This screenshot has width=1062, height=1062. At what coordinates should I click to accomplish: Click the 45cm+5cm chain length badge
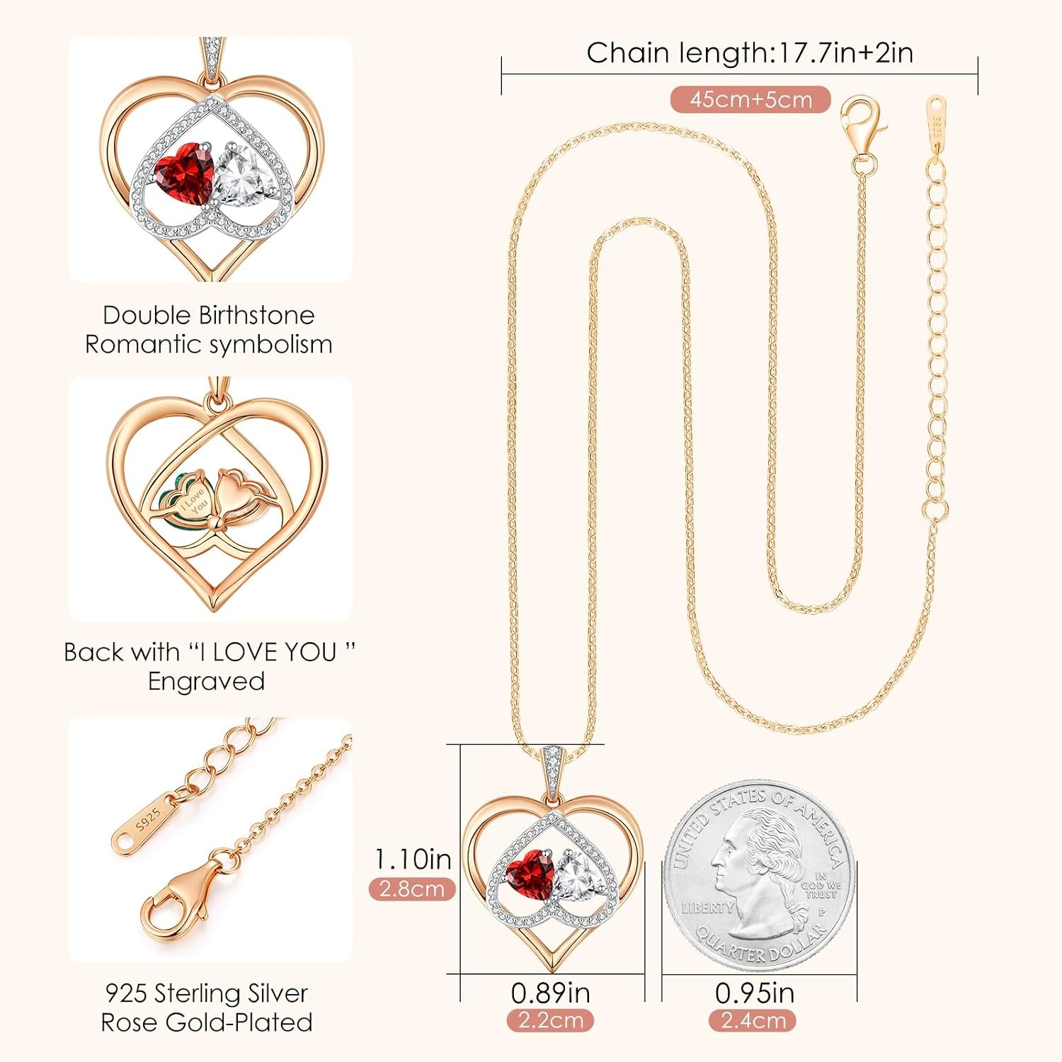(x=750, y=99)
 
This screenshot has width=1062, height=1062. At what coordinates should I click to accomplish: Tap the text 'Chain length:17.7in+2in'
(x=750, y=53)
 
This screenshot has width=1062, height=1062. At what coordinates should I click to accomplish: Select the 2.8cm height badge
(x=412, y=889)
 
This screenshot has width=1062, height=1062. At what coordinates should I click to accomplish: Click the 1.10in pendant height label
(x=413, y=859)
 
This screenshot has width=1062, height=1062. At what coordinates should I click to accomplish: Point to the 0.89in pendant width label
(x=551, y=993)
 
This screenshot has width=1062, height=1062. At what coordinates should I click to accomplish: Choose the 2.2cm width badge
(x=551, y=1020)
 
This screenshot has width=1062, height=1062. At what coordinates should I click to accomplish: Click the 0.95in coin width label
(x=755, y=993)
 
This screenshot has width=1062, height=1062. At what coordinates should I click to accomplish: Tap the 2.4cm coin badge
(x=753, y=1020)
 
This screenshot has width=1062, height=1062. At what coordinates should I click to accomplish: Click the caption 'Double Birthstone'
(x=208, y=315)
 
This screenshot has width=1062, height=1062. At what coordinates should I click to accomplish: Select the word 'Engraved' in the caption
(x=207, y=681)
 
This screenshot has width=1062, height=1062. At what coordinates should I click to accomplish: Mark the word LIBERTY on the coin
(x=708, y=907)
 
